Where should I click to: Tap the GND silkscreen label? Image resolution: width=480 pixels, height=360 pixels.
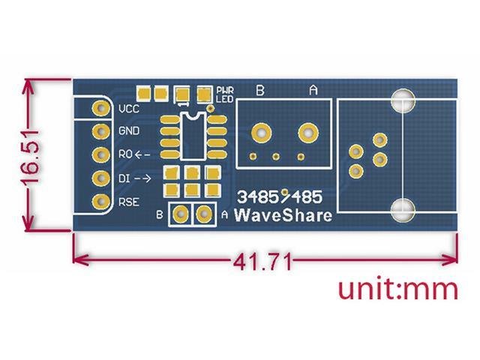pyautogui.click(x=128, y=131)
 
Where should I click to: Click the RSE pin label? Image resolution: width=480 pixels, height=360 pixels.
pyautogui.click(x=127, y=202)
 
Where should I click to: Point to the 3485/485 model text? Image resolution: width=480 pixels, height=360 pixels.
pyautogui.click(x=279, y=198)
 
